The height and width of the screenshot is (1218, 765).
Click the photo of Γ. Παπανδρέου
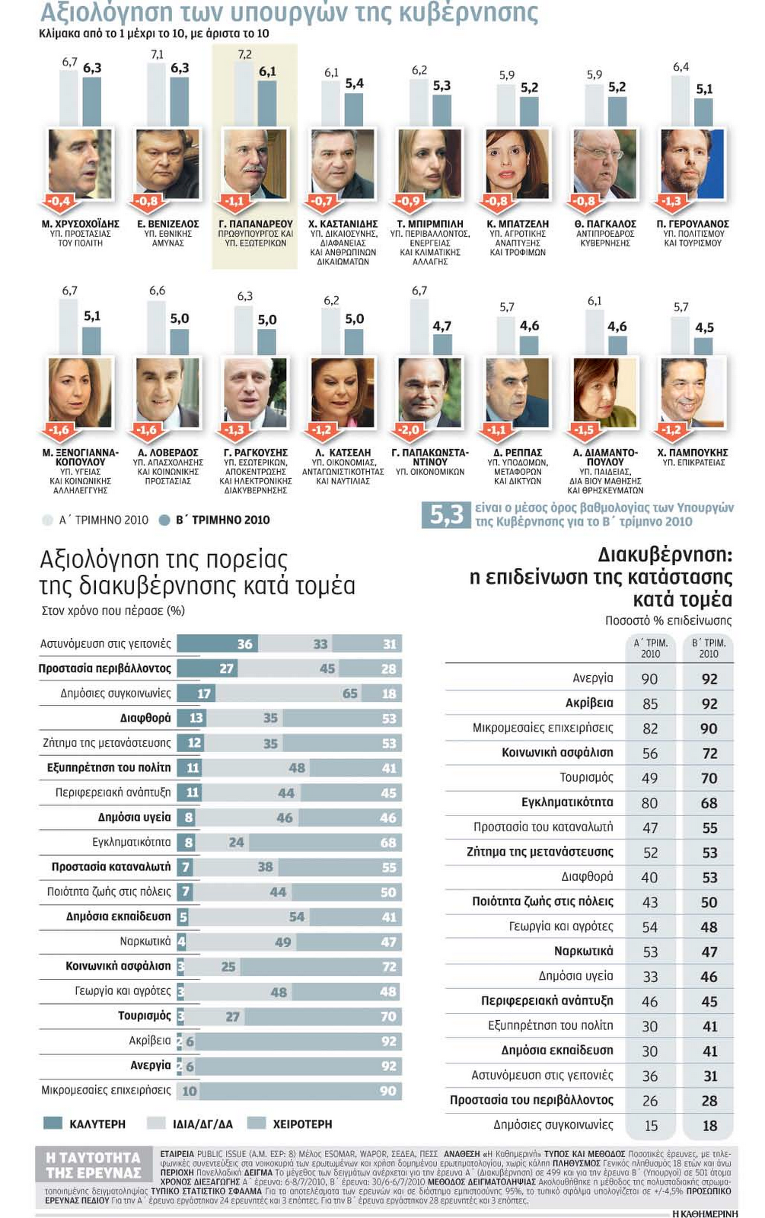[x=255, y=164]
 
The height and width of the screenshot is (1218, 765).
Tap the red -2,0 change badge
[x=409, y=430]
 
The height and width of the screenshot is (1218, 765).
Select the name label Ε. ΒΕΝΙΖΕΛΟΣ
[x=168, y=224]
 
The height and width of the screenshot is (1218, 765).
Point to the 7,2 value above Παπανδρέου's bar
[x=244, y=55]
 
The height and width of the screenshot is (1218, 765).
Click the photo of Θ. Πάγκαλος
[x=605, y=164]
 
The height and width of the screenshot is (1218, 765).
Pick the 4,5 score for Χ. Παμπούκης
[x=704, y=327]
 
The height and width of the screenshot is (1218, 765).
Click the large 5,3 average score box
[x=447, y=515]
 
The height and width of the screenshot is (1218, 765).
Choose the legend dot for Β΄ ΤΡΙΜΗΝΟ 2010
[x=164, y=521]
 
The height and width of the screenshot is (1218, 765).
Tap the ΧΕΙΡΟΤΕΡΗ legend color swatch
[x=257, y=1124]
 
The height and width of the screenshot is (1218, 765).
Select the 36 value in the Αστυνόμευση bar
[x=244, y=644]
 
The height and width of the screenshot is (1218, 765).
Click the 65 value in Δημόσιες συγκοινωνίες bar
[x=349, y=693]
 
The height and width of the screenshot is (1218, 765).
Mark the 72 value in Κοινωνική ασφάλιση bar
[x=389, y=967]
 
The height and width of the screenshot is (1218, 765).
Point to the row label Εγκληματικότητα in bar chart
[x=131, y=842]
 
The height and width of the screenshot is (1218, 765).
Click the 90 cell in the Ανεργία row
[x=649, y=679]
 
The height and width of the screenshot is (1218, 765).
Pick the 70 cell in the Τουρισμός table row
[x=709, y=779]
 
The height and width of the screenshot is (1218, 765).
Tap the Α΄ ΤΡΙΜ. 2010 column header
[x=650, y=648]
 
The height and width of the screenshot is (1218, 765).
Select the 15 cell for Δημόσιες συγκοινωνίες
[x=651, y=1126]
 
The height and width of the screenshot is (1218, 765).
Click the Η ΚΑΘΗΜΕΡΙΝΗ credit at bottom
[x=705, y=1213]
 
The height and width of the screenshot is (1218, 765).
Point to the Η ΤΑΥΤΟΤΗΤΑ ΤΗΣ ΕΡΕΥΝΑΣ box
[x=94, y=1165]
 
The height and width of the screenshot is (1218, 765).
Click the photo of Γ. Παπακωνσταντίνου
[x=430, y=392]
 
